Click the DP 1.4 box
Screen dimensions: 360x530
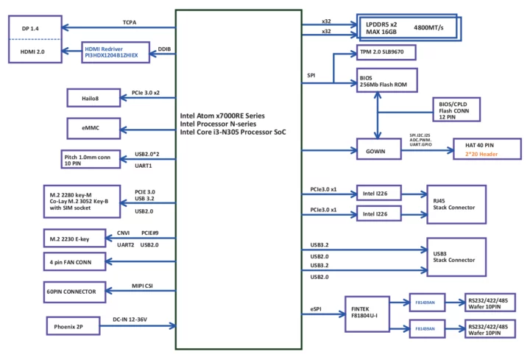pyautogui.click(x=33, y=28)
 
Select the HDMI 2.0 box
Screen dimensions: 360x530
pyautogui.click(x=33, y=52)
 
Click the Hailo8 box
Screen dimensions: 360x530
pyautogui.click(x=93, y=97)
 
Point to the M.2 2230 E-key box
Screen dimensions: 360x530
pyautogui.click(x=74, y=239)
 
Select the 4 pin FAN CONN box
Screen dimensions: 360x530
pyautogui.click(x=74, y=261)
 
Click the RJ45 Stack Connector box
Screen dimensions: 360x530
pyautogui.click(x=456, y=204)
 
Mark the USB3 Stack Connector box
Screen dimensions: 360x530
pyautogui.click(x=456, y=255)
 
